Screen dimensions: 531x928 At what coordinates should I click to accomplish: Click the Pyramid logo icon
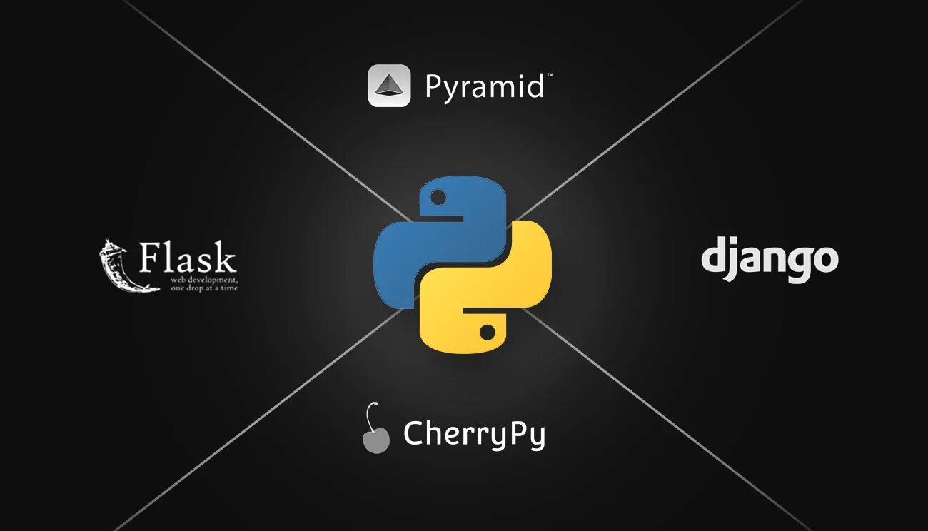tap(388, 86)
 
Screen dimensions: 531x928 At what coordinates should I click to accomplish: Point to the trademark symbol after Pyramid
tap(548, 75)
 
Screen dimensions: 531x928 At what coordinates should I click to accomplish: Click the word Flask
tap(187, 258)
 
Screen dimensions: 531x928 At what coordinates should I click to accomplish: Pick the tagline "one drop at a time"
tap(204, 288)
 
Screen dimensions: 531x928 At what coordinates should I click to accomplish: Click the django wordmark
tap(769, 259)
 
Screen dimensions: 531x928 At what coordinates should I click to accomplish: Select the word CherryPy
tap(474, 434)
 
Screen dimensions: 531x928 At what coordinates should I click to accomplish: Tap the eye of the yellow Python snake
tap(487, 333)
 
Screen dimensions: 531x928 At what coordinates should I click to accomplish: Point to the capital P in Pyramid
tap(434, 87)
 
